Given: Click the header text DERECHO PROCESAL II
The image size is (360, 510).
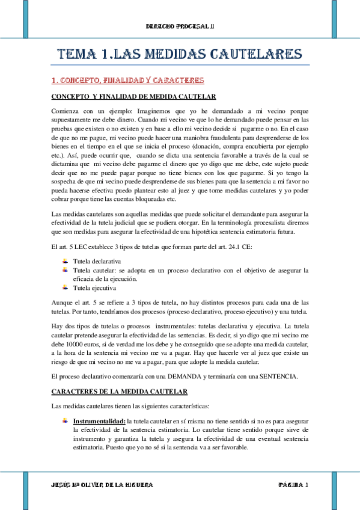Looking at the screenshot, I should pos(180,27).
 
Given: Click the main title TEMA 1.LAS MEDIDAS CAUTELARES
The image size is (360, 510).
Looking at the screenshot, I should pos(180,54).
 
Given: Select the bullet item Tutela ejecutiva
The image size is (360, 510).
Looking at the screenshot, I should pos(94,287).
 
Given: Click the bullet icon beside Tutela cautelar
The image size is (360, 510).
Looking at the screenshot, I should pos(64,270).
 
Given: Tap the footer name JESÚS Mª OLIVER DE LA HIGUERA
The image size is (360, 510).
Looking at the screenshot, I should pos(102,484).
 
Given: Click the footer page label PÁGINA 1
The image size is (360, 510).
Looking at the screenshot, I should pos(293,484).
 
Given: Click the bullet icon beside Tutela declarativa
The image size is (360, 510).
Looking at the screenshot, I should pos(64,262).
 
